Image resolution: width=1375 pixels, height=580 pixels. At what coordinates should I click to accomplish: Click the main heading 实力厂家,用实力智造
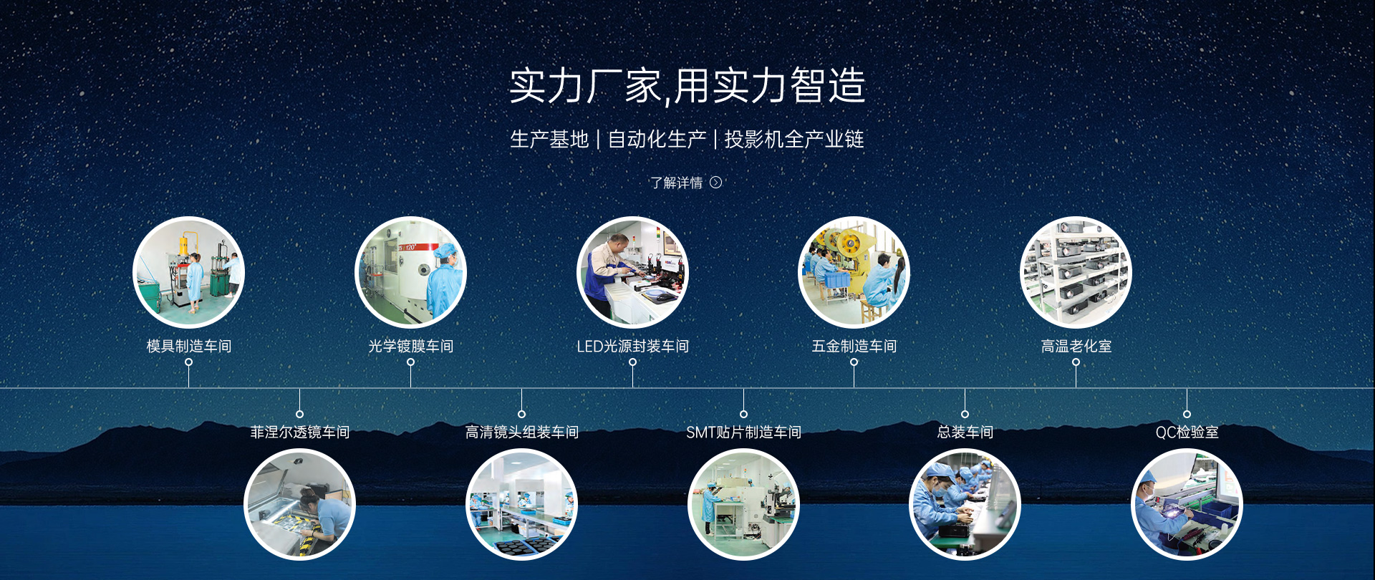pos(687,86)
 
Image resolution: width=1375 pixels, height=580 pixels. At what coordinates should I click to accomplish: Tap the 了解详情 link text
pos(676,183)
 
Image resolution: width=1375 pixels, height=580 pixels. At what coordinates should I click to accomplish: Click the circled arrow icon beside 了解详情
pos(715,183)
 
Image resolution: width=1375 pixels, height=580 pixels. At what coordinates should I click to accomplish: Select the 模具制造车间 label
pos(189,346)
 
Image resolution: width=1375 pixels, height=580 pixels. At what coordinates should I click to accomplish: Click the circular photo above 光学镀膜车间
pos(410,272)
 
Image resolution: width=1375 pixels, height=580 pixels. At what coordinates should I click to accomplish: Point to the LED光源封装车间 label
pos(632,346)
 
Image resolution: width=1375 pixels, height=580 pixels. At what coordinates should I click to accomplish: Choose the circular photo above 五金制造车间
pos(854,272)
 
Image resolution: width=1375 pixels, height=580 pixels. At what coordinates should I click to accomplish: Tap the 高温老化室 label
pos(1076,346)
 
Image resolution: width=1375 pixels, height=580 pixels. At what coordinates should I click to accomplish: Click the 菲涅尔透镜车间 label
pos(299,432)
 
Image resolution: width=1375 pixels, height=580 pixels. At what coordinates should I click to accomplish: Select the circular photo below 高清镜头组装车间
pos(521,504)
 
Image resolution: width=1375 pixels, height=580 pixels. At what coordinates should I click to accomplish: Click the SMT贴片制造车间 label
pos(743,432)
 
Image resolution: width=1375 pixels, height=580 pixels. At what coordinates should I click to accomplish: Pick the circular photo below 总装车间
pos(965,504)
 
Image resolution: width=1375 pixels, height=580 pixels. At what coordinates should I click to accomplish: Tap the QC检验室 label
pos(1187,432)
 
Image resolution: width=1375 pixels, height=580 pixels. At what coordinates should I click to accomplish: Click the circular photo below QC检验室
pos(1187,504)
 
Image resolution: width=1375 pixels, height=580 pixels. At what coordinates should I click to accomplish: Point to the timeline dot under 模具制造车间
pos(188,362)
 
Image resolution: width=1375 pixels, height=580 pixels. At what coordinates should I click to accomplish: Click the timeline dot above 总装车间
pos(965,414)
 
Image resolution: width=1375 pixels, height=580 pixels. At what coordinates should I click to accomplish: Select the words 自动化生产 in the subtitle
pos(657,139)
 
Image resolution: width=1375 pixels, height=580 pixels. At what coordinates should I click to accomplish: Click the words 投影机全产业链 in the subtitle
pos(794,139)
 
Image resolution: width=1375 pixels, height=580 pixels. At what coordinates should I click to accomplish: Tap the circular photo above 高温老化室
pos(1076,272)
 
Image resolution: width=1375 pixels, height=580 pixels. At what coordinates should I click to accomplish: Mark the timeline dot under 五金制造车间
pos(854,362)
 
